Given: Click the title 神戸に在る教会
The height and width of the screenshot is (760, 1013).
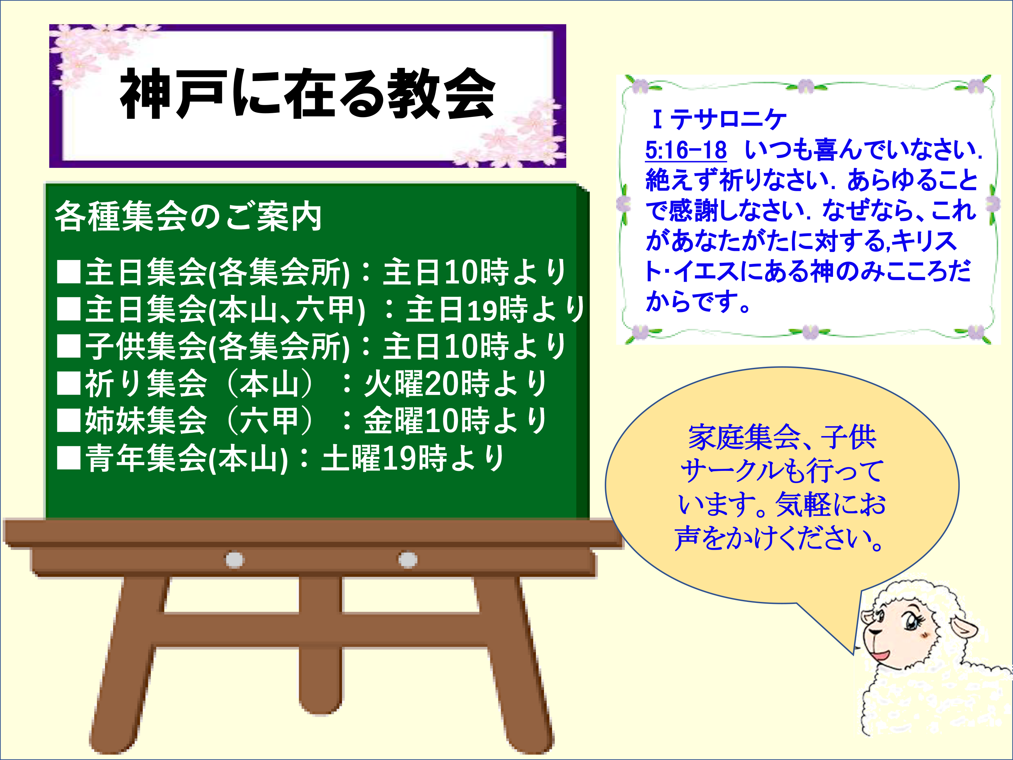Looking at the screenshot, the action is pyautogui.click(x=307, y=94).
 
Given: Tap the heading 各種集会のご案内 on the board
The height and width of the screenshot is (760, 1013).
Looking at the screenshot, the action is pyautogui.click(x=188, y=216).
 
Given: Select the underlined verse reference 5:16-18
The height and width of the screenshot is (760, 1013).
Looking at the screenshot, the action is pyautogui.click(x=685, y=150).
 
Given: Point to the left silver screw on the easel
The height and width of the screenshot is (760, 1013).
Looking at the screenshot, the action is pyautogui.click(x=234, y=560).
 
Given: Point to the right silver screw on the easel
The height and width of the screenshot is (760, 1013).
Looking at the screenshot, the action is pyautogui.click(x=408, y=560).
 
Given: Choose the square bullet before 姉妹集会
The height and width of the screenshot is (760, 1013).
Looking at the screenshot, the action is pyautogui.click(x=69, y=421).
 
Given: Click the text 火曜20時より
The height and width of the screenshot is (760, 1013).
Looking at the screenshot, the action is pyautogui.click(x=456, y=383).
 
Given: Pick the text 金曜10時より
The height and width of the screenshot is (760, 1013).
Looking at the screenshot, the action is pyautogui.click(x=456, y=421).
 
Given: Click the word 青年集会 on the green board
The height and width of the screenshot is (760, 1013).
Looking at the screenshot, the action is pyautogui.click(x=147, y=458).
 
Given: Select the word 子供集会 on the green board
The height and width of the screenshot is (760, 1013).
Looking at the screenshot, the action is pyautogui.click(x=147, y=346).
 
